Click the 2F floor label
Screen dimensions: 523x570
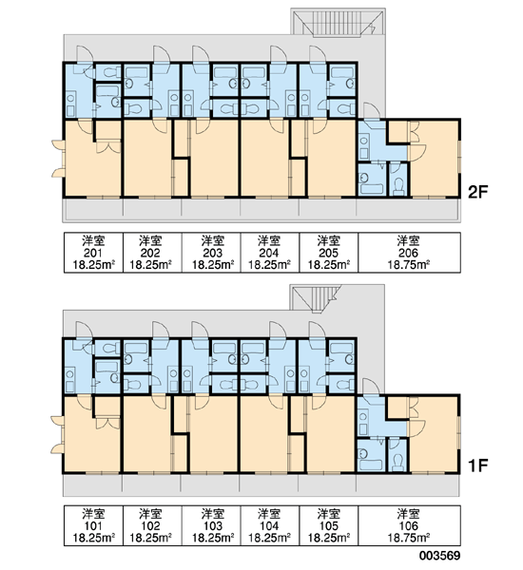point(477,192)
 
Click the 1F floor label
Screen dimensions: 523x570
point(477,465)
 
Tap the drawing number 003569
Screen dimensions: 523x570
point(439,556)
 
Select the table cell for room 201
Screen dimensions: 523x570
point(93,253)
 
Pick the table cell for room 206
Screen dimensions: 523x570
point(409,253)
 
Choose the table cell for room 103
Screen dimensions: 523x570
point(211,525)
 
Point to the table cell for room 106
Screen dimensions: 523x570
point(409,525)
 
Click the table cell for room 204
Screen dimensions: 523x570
point(270,253)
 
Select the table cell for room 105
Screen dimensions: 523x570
point(329,525)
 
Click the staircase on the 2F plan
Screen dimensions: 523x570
point(338,23)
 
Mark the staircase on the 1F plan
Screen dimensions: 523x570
point(316,298)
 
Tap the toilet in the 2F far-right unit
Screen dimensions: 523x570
point(398,186)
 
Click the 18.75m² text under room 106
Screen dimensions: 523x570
point(409,538)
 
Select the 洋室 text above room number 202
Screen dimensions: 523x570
point(150,240)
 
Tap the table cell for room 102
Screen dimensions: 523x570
point(152,525)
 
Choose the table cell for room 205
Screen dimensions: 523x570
point(329,253)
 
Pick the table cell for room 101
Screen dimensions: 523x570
point(93,525)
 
